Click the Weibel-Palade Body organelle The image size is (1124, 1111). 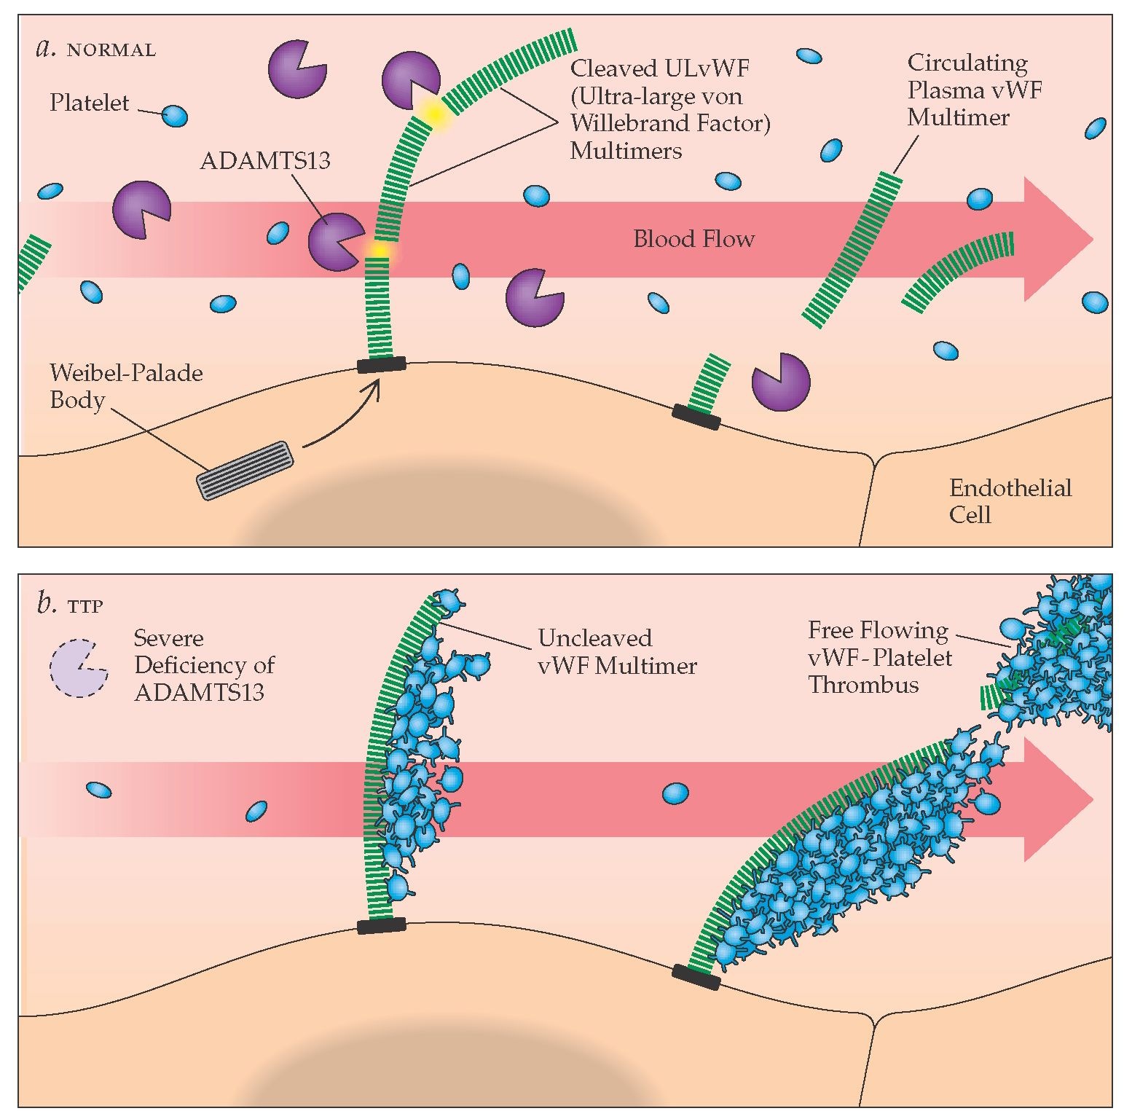245,470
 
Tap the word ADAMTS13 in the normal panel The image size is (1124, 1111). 265,160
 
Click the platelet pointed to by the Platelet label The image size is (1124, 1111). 174,116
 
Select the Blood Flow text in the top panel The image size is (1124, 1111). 693,239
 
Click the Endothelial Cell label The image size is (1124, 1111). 1010,501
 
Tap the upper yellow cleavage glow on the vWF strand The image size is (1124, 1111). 433,114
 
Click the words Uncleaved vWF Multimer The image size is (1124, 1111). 617,651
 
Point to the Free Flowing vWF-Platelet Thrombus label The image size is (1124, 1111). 880,657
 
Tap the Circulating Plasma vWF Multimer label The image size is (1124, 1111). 974,90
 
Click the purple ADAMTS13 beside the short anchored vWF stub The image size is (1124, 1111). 780,382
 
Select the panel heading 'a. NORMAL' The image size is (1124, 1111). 95,49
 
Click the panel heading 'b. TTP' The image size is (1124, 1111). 70,604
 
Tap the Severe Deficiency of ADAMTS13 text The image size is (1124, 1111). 204,665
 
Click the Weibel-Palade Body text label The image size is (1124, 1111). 125,386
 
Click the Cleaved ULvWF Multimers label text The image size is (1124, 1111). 669,109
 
